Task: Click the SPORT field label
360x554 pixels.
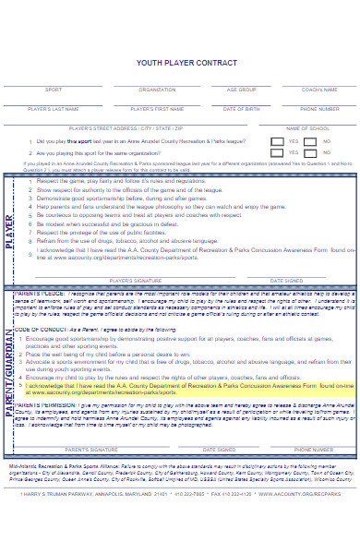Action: (x=54, y=90)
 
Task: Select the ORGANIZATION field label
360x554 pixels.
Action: (x=157, y=90)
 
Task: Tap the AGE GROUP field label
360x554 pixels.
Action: (x=241, y=90)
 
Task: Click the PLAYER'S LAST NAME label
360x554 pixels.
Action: (x=54, y=109)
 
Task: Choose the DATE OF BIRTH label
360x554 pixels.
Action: (x=241, y=109)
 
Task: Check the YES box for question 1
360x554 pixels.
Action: (x=276, y=142)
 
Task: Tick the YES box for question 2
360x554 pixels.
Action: (x=276, y=154)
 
